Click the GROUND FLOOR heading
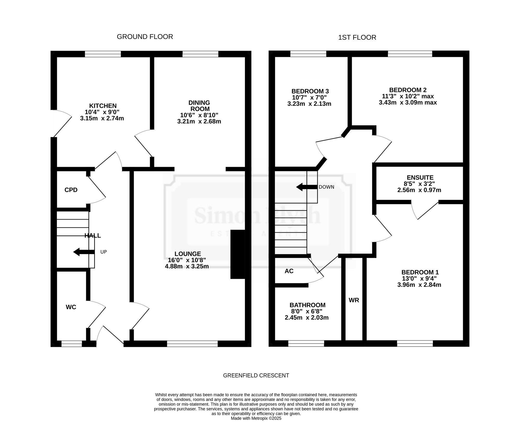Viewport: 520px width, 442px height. tap(145, 37)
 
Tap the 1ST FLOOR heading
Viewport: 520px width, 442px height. tap(357, 37)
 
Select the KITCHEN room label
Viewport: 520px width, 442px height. tap(103, 106)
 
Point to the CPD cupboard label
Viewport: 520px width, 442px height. tap(71, 190)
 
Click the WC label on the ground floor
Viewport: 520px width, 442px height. tap(71, 307)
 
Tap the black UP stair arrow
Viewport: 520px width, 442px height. tap(84, 252)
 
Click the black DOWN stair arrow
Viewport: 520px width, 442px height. tap(307, 187)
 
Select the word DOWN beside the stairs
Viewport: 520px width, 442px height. tap(326, 187)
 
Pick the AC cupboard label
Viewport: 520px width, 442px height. tap(289, 271)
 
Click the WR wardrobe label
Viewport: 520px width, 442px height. tap(354, 300)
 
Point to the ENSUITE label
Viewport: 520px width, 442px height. tap(420, 177)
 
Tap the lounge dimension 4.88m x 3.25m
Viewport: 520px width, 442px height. tap(187, 266)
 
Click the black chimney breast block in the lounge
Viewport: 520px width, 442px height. tap(238, 254)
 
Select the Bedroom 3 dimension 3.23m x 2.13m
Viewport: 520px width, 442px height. tap(309, 104)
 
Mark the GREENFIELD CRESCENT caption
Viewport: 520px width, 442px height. tap(256, 375)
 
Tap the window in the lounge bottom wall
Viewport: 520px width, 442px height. tap(192, 344)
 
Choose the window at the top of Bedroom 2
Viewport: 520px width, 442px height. tap(410, 54)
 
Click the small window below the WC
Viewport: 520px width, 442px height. tap(71, 344)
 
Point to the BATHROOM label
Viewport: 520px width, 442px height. tap(308, 305)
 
